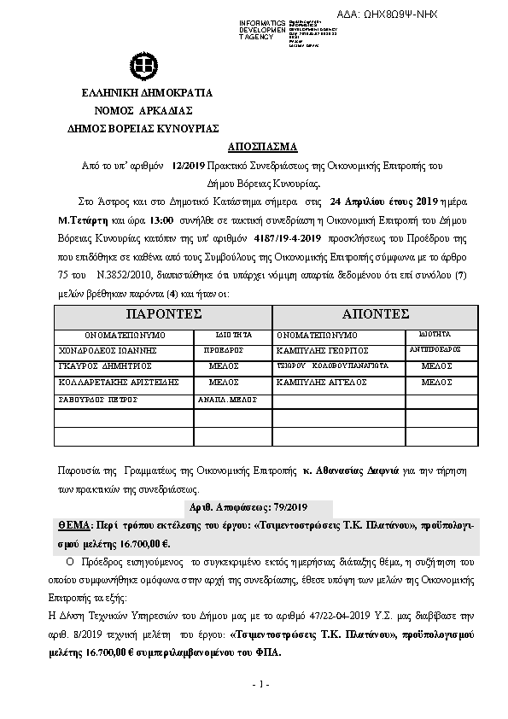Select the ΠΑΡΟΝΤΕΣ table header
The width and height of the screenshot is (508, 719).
coord(162,314)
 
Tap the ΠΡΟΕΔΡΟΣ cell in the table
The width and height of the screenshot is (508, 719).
coord(224,350)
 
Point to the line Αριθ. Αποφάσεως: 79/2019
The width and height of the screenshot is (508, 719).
coord(254,506)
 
